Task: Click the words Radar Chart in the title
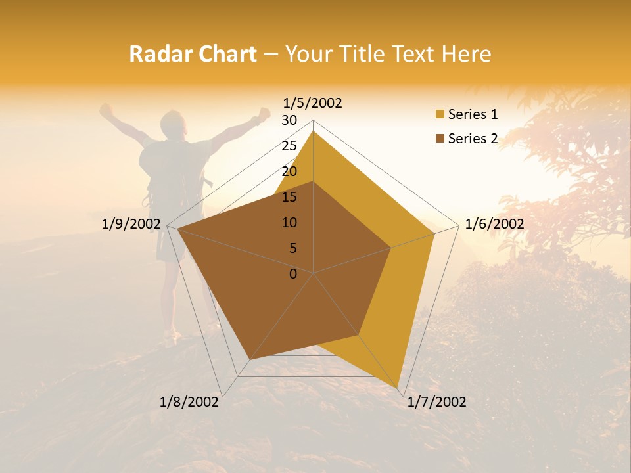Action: (x=193, y=55)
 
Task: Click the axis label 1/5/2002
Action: (x=313, y=103)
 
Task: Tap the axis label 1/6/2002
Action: (x=494, y=224)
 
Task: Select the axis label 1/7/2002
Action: (x=436, y=402)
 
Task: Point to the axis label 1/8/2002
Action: (x=189, y=402)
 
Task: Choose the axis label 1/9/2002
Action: (x=131, y=224)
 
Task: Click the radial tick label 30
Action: (x=289, y=120)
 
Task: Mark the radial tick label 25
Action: (x=289, y=146)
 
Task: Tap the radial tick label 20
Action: (x=289, y=171)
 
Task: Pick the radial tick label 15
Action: (x=289, y=197)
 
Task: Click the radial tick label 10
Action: (x=289, y=223)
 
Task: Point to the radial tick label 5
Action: (x=292, y=248)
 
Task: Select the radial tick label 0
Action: (x=293, y=274)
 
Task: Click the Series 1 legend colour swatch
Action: (x=440, y=115)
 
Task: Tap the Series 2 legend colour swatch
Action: (x=440, y=139)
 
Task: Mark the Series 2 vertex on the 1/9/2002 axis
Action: (x=177, y=229)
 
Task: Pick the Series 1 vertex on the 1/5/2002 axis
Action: (x=314, y=131)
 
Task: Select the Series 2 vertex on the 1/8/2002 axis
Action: (x=249, y=360)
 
